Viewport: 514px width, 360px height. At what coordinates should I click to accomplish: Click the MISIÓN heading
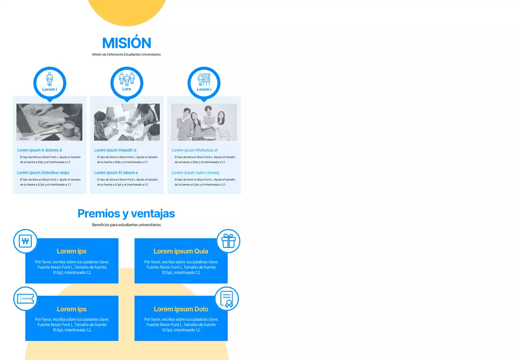[126, 43]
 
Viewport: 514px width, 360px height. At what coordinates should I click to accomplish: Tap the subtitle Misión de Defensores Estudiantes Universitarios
[126, 54]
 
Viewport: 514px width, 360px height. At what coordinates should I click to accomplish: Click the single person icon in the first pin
[49, 79]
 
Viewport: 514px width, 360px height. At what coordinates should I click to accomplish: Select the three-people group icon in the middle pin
[126, 78]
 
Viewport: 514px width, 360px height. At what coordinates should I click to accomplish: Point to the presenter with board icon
[204, 79]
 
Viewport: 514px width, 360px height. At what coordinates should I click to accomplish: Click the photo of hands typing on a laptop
[49, 122]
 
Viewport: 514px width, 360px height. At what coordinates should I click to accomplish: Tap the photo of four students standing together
[204, 122]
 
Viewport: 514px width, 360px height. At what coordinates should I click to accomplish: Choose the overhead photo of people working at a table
[127, 122]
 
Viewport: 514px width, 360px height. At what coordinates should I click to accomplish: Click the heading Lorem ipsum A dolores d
[40, 150]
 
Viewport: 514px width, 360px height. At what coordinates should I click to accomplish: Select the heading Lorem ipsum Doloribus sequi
[43, 173]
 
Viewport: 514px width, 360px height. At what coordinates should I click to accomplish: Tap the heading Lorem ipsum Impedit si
[116, 150]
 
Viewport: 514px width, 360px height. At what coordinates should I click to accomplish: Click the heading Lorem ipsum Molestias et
[195, 150]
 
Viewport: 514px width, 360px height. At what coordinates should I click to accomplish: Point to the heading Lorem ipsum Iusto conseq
[196, 173]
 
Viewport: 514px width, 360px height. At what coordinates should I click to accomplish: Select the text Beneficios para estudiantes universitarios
[126, 225]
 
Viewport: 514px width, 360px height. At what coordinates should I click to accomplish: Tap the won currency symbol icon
[25, 241]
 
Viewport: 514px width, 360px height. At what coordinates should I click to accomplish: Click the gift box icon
[228, 241]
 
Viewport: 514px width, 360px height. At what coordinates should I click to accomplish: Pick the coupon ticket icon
[25, 299]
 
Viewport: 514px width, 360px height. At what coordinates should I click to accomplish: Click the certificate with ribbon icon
[227, 299]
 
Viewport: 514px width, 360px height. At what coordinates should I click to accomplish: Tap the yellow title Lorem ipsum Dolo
[181, 309]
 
